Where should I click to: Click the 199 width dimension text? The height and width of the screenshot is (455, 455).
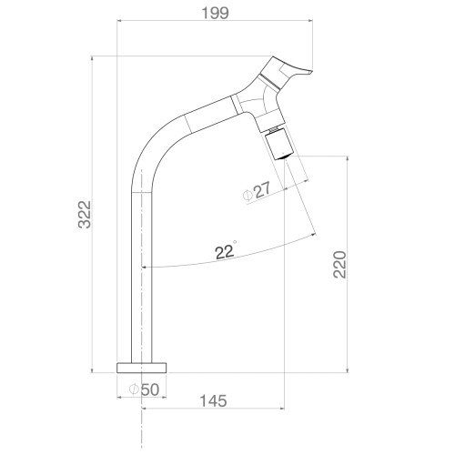pos(215,13)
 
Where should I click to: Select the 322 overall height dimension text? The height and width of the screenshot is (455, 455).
pos(85,214)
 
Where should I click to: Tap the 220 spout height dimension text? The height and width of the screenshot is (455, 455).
pos(339,265)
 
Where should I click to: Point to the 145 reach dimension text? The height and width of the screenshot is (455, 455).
pos(213,401)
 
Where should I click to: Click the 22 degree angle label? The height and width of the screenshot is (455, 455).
pos(226,250)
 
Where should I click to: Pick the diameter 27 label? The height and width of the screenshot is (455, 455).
pos(257,191)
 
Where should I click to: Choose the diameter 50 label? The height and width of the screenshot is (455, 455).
pos(144,389)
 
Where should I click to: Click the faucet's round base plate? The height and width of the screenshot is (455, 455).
pos(142,368)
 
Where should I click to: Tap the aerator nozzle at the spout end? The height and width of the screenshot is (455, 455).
pos(278,145)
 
